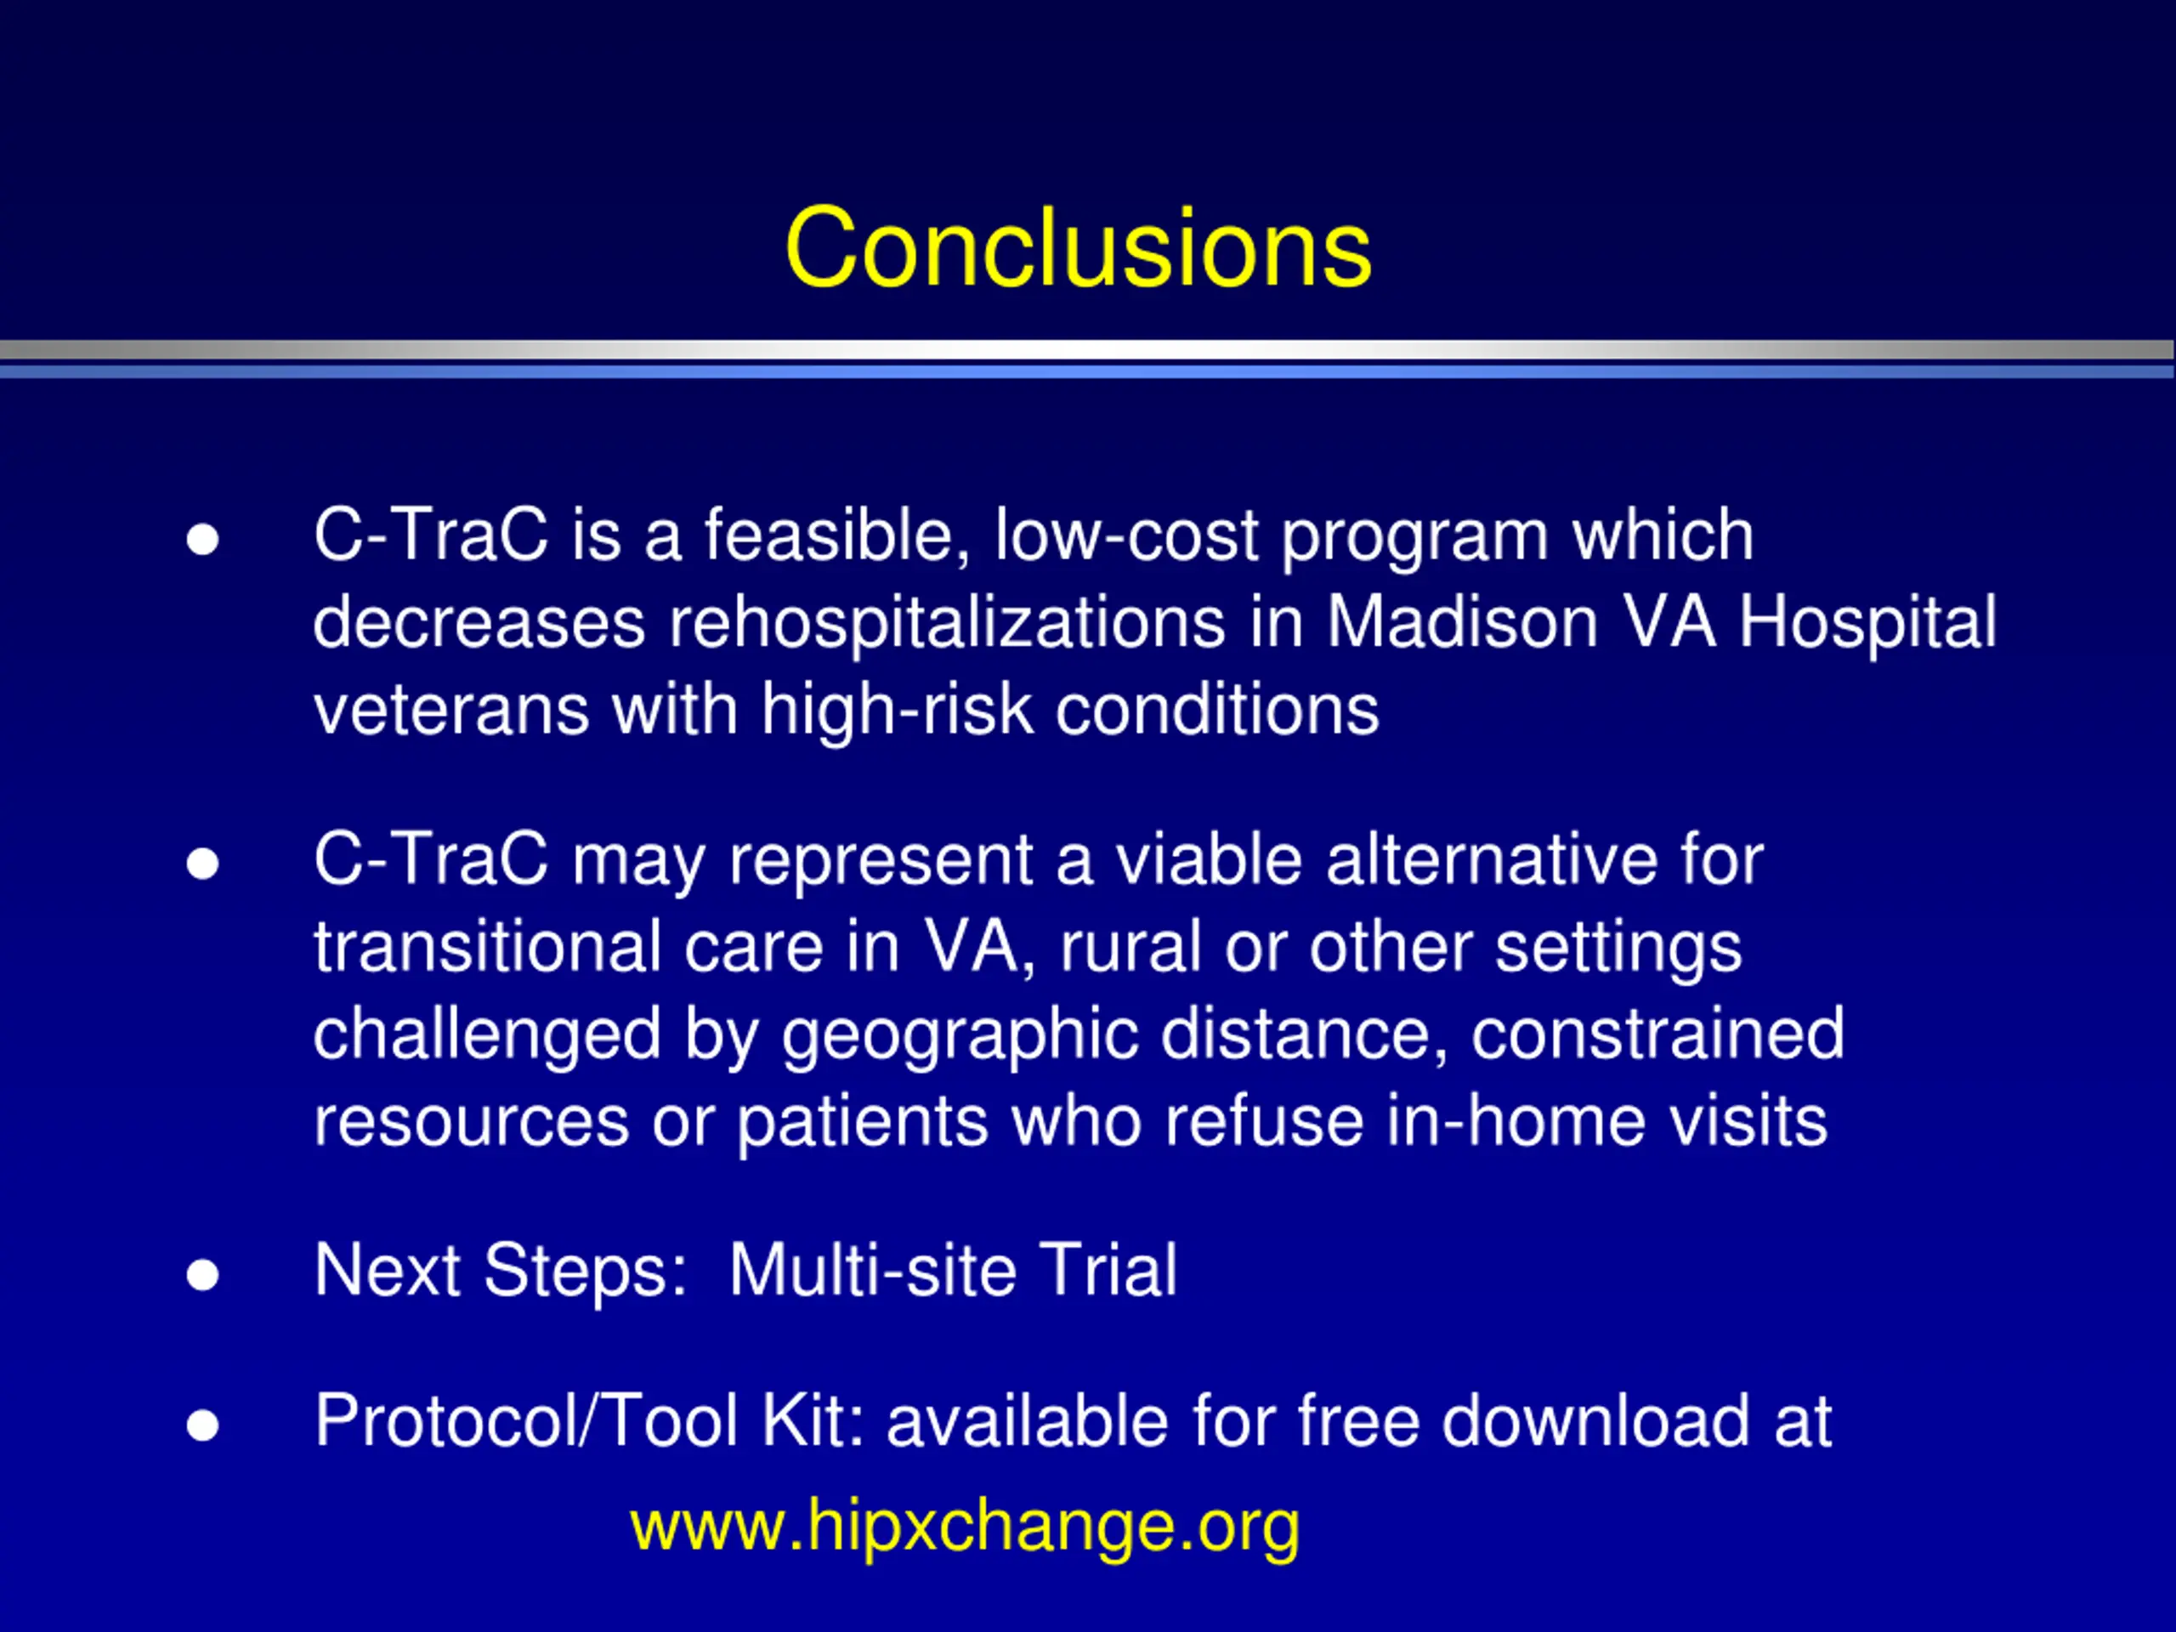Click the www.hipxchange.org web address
(x=965, y=1526)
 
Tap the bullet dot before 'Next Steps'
(x=202, y=1275)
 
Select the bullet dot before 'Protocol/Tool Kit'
(x=202, y=1425)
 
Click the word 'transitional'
(x=488, y=948)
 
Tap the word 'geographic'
(x=960, y=1035)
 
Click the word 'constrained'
(x=1657, y=1035)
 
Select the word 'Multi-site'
(x=873, y=1270)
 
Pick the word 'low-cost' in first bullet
(x=1127, y=536)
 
